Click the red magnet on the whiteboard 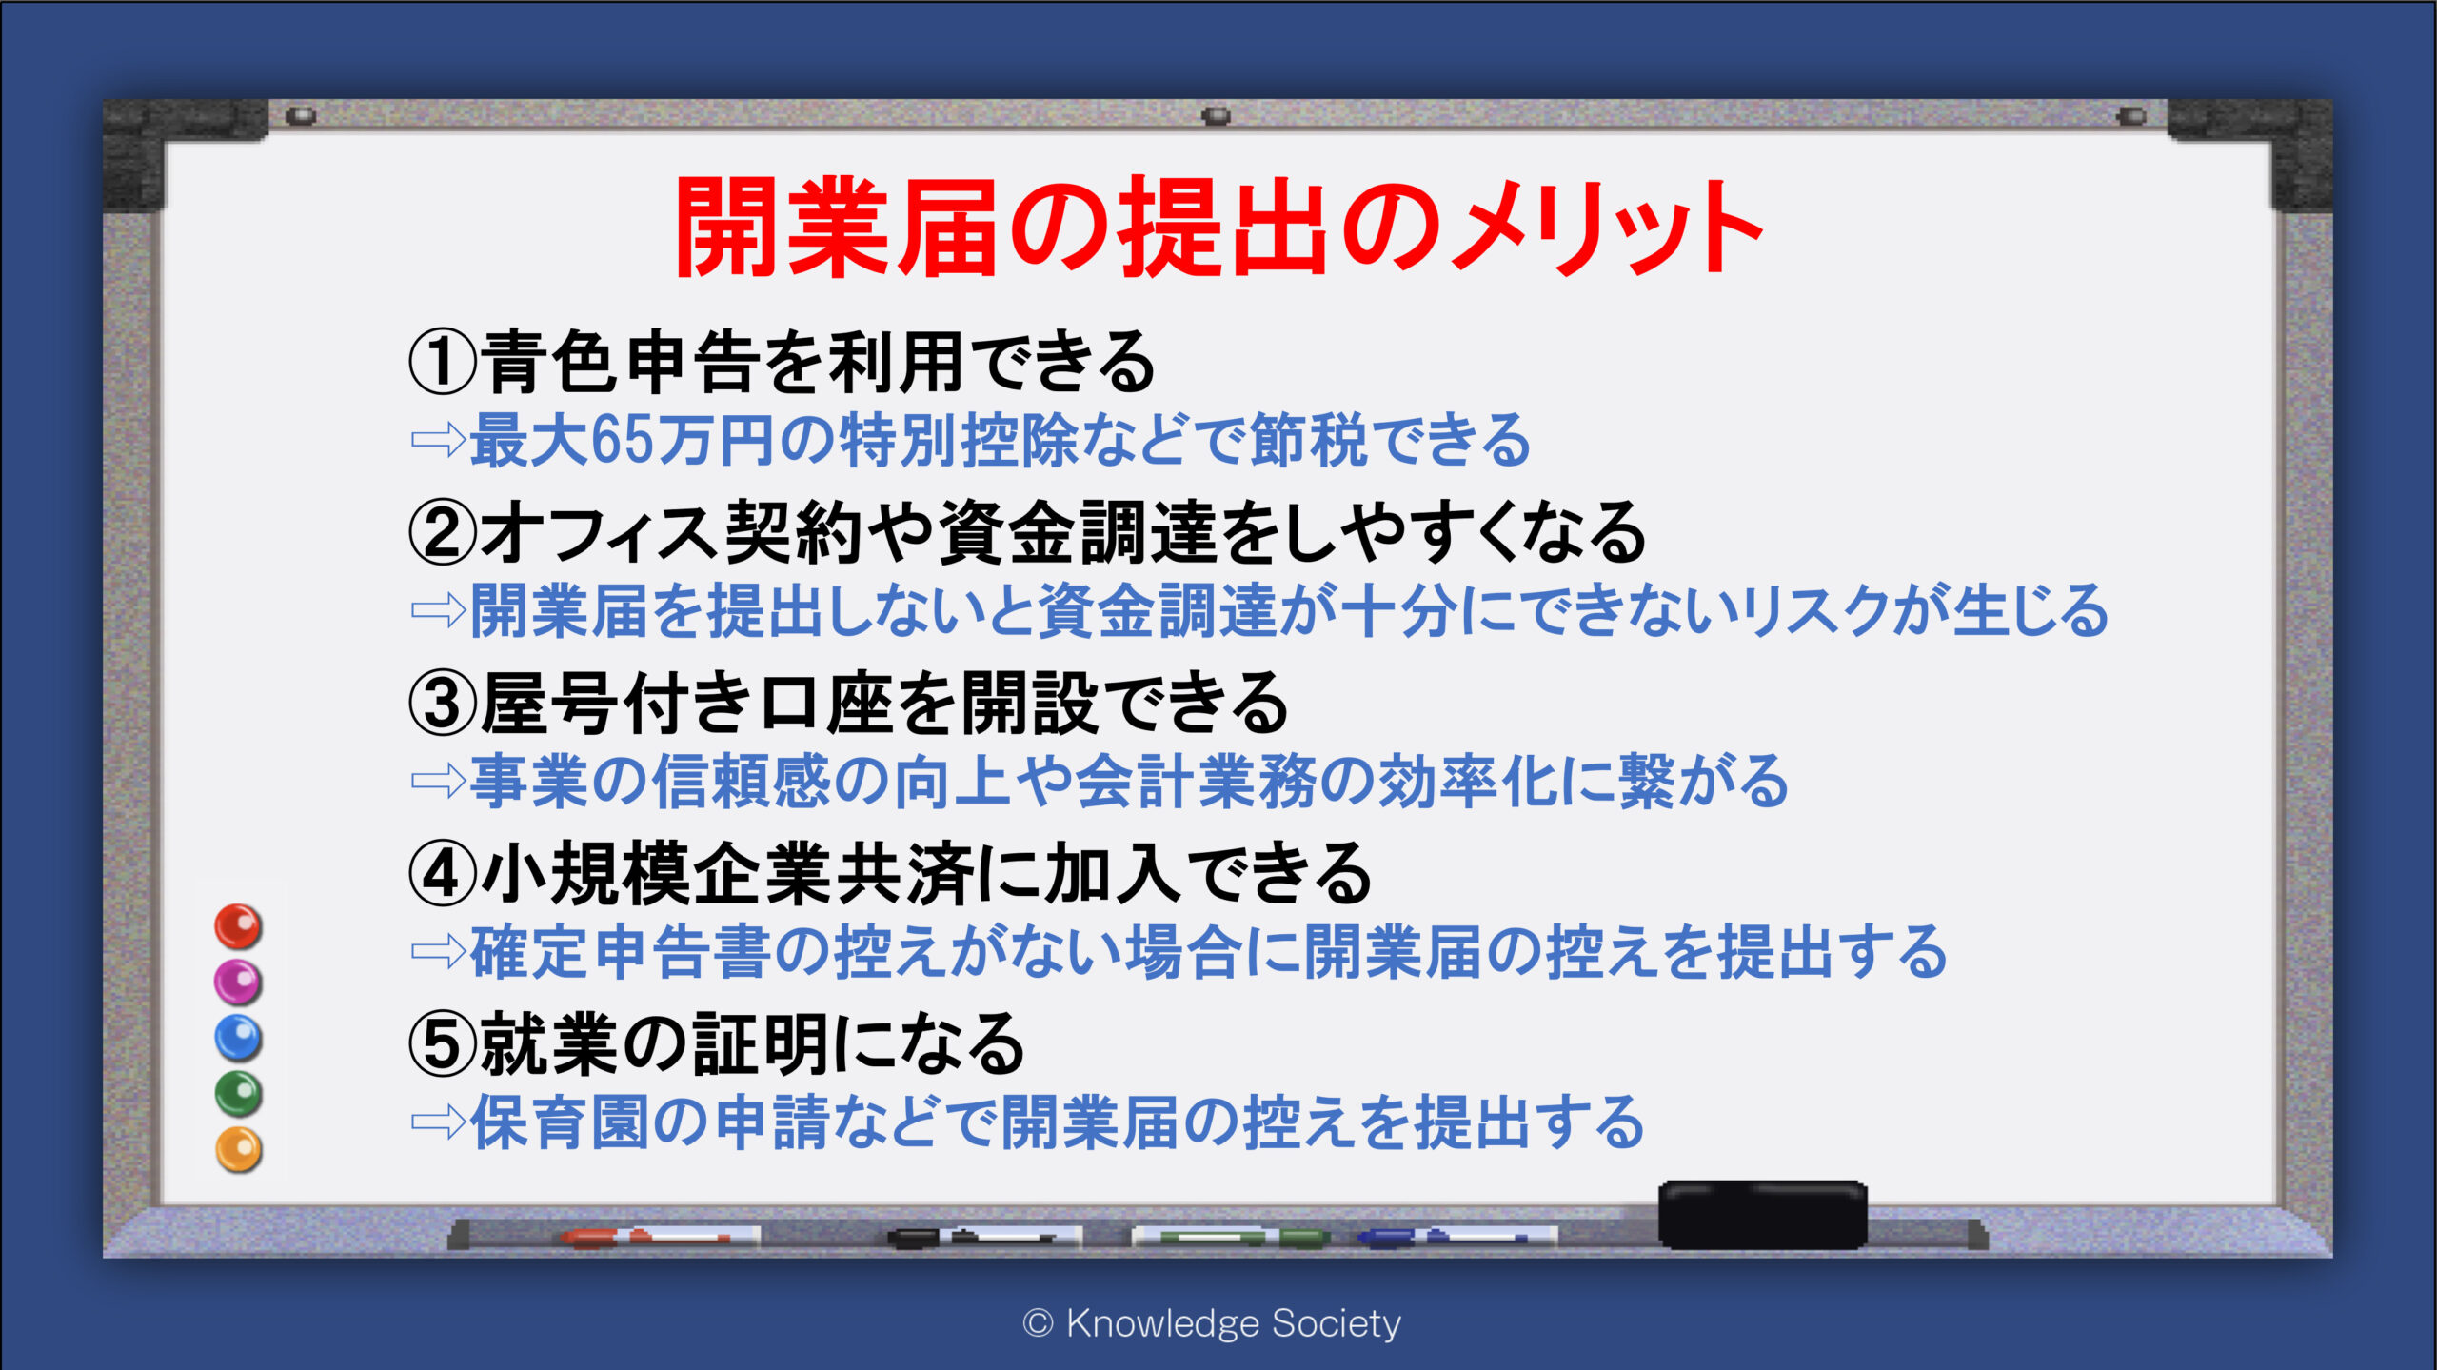pos(238,926)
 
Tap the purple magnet pos(238,982)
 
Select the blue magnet pos(238,1038)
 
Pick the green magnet pos(238,1094)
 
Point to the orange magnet pos(238,1150)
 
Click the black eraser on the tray pos(1763,1215)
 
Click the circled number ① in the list pos(442,363)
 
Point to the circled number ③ pos(442,704)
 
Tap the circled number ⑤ pos(442,1044)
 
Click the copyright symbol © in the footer pos(1038,1323)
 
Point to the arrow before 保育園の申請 pos(438,1122)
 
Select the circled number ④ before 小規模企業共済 pos(442,874)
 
